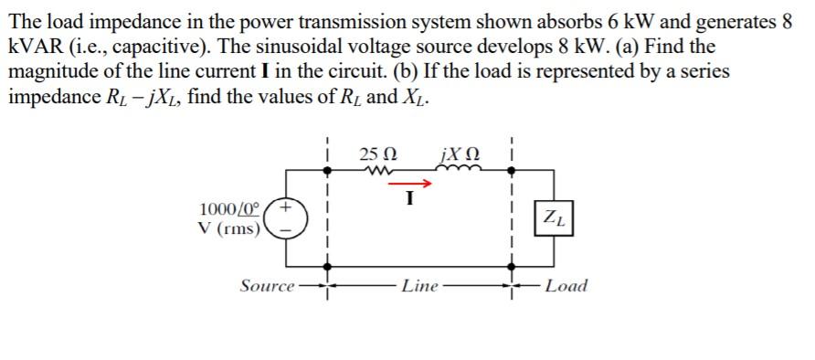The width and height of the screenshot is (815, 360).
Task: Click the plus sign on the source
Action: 287,208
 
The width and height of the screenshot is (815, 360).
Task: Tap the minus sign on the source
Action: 287,231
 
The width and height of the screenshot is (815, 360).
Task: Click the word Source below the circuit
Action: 267,286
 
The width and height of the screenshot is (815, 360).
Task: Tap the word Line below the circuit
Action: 420,286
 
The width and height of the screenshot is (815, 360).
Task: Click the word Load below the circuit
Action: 566,286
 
